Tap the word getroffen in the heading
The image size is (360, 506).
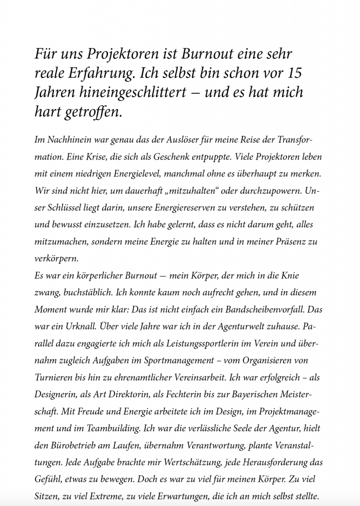tap(93, 112)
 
